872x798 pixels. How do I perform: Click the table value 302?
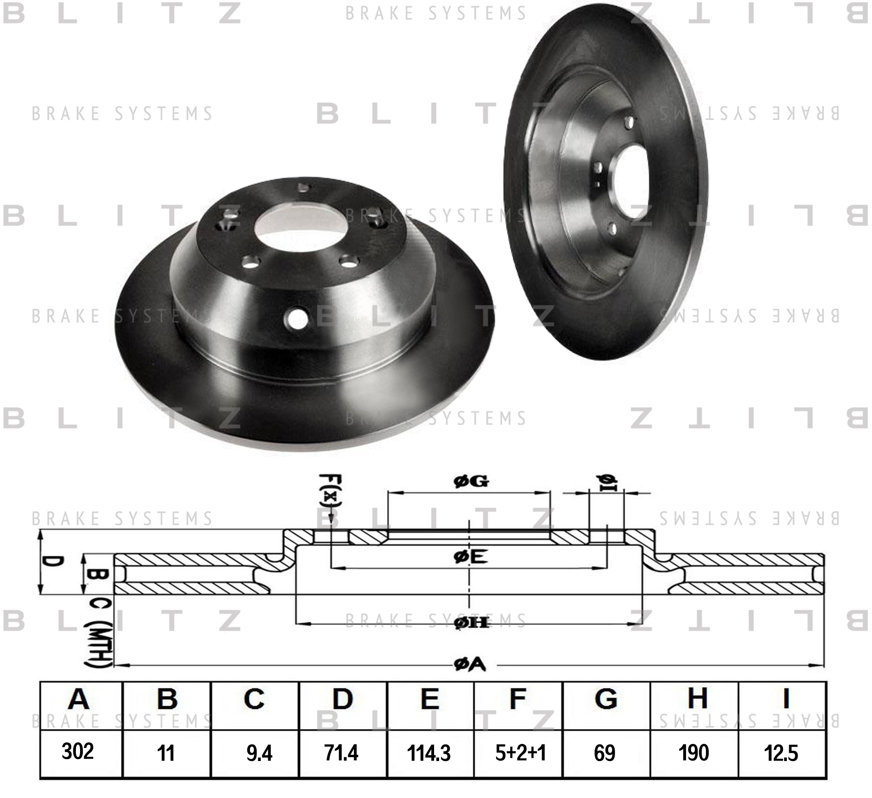point(78,751)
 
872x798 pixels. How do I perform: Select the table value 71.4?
point(341,753)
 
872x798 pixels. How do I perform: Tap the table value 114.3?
point(429,753)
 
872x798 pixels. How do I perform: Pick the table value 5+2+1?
point(520,753)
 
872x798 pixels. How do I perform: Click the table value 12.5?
point(781,753)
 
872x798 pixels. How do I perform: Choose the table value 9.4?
point(260,753)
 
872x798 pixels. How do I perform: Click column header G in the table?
point(605,699)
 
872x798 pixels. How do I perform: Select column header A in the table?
point(78,699)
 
